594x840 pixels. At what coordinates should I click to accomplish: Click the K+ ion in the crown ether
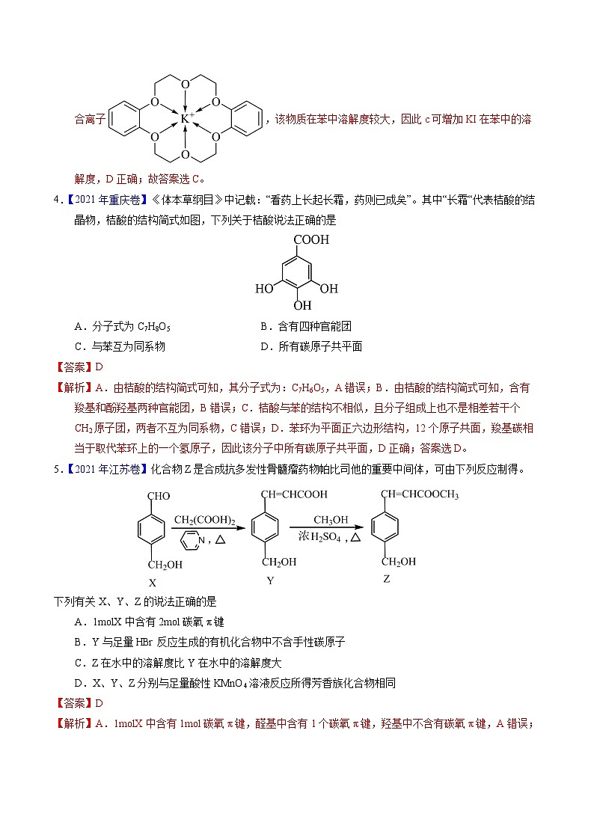point(186,118)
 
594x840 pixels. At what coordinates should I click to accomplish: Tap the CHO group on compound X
point(159,495)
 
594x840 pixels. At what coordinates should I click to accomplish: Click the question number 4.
point(57,200)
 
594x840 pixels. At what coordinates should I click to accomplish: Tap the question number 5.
point(57,469)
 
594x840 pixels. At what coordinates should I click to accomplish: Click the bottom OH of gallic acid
point(302,306)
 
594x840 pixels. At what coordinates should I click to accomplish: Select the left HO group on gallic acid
point(263,289)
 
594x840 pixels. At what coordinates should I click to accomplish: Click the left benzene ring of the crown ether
point(124,118)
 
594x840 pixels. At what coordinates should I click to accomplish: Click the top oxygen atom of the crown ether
point(186,83)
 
